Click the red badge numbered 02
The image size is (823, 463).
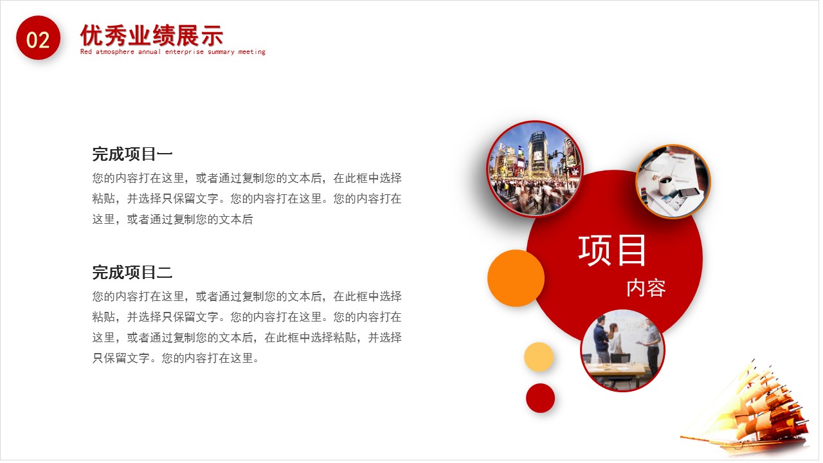click(x=38, y=39)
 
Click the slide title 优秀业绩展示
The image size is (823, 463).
click(x=152, y=35)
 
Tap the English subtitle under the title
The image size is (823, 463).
click(x=172, y=52)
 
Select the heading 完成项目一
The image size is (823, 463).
click(x=132, y=154)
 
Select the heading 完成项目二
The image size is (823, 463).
click(x=132, y=272)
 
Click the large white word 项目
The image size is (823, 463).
click(x=612, y=250)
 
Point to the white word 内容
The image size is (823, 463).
click(x=646, y=287)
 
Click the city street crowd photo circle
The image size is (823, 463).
click(x=535, y=168)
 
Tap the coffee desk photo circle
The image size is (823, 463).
click(x=673, y=181)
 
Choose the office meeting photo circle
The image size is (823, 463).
click(x=622, y=350)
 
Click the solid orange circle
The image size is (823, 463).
click(x=516, y=278)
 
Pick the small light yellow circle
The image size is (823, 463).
click(x=539, y=357)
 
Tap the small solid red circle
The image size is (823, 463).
click(x=540, y=398)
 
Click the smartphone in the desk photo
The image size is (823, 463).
click(x=688, y=192)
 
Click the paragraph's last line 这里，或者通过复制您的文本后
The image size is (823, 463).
click(x=172, y=219)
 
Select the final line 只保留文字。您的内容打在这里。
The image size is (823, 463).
click(x=176, y=358)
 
